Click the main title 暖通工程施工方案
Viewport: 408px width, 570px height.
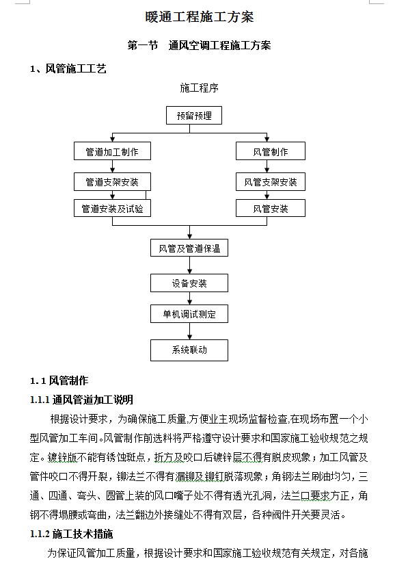coord(200,16)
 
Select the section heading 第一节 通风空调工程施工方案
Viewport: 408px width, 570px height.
coord(199,45)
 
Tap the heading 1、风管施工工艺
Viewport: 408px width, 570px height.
coord(68,68)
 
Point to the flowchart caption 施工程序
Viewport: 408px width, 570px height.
coord(199,88)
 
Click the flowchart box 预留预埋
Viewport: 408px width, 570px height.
coord(194,115)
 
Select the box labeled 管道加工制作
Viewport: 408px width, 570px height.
coord(112,151)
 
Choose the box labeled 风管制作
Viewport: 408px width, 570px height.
coord(271,151)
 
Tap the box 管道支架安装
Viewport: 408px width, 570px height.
coord(112,182)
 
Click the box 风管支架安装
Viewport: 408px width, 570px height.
coord(271,182)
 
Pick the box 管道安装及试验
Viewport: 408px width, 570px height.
coord(112,208)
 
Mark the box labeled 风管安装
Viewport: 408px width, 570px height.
coord(271,208)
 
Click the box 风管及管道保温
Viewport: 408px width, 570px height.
coord(189,248)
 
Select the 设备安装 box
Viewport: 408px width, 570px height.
coord(189,283)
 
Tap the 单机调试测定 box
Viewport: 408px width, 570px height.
coord(189,313)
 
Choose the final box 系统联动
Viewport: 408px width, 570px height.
coord(189,350)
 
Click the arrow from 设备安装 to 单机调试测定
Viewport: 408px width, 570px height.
coord(189,298)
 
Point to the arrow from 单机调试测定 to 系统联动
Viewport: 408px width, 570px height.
coord(189,331)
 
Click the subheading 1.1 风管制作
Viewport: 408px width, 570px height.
coord(59,380)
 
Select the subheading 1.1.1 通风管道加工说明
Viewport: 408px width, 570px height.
coord(81,400)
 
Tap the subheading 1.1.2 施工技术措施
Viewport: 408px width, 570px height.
coord(71,534)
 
